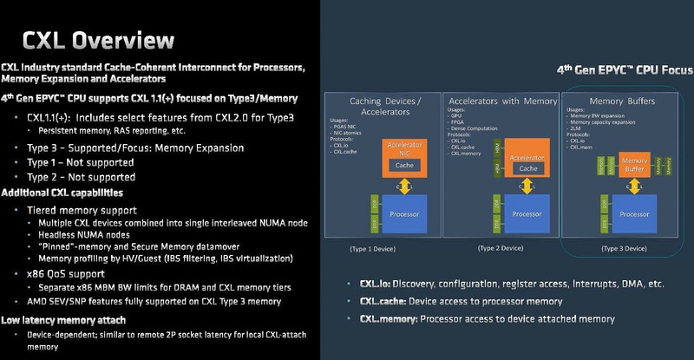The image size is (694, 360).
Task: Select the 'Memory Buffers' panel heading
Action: [622, 101]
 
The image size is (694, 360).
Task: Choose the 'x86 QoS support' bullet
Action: [70, 274]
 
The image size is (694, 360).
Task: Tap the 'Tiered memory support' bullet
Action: [82, 210]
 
